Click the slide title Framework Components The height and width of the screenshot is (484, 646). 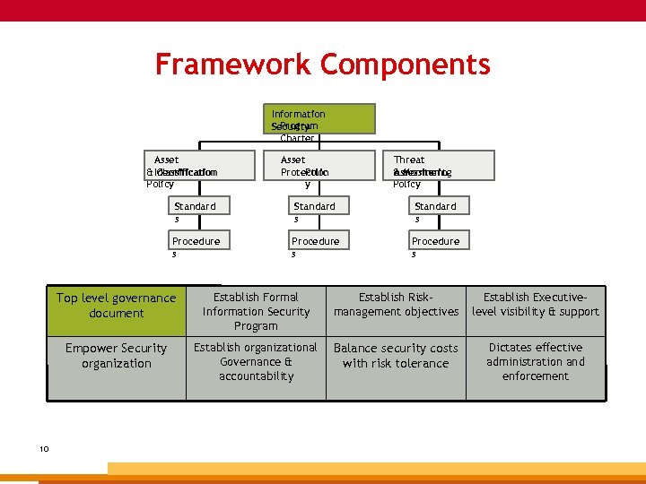(322, 65)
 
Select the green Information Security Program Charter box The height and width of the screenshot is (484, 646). (323, 119)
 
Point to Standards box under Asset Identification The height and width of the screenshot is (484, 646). (195, 206)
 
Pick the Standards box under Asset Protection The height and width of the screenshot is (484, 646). (315, 206)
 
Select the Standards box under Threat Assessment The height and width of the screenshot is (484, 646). (435, 206)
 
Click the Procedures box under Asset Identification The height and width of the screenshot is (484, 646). (196, 241)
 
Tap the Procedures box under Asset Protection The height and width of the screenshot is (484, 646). (316, 241)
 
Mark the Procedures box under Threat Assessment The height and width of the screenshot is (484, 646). (435, 241)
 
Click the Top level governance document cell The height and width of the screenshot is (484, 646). (117, 306)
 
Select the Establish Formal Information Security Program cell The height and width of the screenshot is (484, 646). (256, 311)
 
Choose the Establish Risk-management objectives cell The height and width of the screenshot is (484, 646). (396, 305)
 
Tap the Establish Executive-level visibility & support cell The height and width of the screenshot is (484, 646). (536, 305)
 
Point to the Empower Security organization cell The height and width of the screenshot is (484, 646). (117, 356)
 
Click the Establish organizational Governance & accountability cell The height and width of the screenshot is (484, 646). (256, 362)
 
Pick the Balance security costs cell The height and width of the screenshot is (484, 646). (396, 356)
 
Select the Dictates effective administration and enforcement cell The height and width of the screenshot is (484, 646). (536, 362)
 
